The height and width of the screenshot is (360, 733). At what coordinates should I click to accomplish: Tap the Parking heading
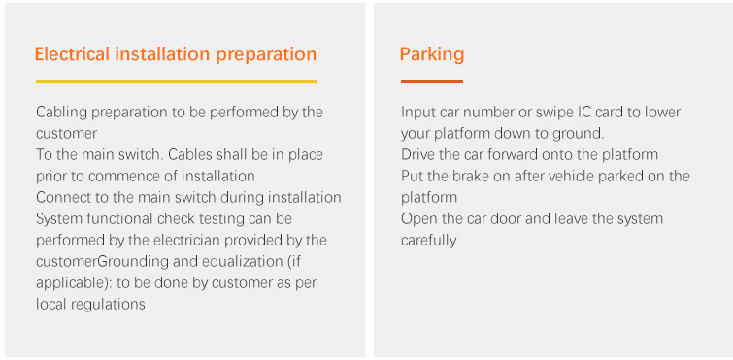point(432,55)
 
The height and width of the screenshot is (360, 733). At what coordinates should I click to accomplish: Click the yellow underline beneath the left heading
point(177,82)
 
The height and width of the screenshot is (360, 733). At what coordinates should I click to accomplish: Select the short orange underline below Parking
point(432,82)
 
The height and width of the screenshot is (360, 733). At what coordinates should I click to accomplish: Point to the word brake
point(473,176)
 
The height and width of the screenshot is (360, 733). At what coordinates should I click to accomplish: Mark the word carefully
point(428,241)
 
